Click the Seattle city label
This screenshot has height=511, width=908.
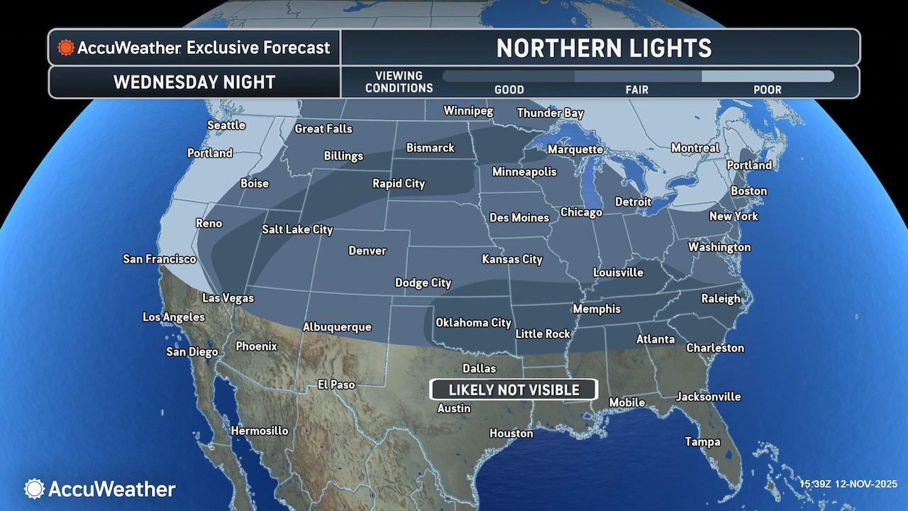[226, 126]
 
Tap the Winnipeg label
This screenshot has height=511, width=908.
[468, 111]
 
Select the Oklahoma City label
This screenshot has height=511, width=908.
[473, 323]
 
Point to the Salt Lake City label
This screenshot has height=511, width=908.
[297, 230]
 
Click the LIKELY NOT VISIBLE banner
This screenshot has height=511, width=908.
[514, 390]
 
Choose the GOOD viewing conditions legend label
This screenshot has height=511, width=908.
[509, 90]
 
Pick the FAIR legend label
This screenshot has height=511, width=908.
[637, 90]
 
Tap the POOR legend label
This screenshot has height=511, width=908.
[768, 90]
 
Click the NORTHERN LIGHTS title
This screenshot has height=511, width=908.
[604, 48]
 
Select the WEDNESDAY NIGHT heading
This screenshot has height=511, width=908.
[194, 82]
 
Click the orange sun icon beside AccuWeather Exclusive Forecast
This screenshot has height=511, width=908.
[66, 48]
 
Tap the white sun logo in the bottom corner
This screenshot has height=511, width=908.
[34, 488]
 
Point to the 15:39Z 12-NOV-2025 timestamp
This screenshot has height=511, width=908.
[848, 484]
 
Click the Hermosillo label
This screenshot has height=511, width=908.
[260, 431]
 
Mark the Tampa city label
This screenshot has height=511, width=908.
[702, 441]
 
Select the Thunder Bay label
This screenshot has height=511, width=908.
[550, 114]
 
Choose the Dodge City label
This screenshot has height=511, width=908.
[423, 283]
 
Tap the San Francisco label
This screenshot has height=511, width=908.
[160, 259]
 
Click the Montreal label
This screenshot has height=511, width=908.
[695, 148]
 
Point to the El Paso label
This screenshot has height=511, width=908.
[336, 385]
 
